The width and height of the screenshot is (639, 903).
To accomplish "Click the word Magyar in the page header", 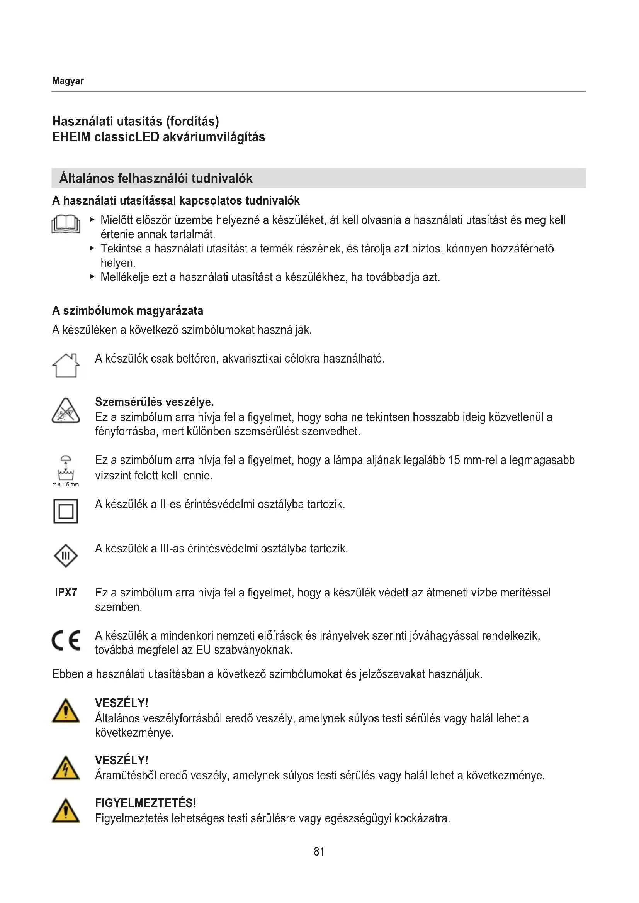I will [68, 81].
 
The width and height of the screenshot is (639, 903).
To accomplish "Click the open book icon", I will [66, 224].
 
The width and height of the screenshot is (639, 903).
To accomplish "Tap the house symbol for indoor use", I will [66, 365].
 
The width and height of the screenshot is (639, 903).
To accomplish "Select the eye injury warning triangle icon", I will [66, 411].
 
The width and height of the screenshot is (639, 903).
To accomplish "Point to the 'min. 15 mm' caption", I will [65, 485].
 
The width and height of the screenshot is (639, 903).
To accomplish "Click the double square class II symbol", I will [66, 511].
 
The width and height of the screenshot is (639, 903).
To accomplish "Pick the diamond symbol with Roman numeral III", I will [66, 556].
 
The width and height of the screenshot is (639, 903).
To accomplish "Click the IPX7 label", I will [66, 592].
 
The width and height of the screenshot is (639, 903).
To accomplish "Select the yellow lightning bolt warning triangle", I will [66, 768].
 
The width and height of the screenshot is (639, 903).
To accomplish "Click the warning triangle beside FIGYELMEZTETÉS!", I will [66, 811].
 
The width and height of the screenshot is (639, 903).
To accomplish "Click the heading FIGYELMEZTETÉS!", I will [146, 803].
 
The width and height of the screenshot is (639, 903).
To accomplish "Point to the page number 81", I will [319, 852].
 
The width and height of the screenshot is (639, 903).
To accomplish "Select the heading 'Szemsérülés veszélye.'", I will [154, 402].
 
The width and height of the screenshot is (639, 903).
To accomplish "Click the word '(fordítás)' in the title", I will [192, 121].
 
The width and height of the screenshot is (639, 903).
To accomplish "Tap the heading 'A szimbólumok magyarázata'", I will [127, 311].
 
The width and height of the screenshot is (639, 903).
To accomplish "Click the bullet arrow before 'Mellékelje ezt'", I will [92, 276].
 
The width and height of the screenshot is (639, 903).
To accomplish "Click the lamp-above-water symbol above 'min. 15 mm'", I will [66, 467].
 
